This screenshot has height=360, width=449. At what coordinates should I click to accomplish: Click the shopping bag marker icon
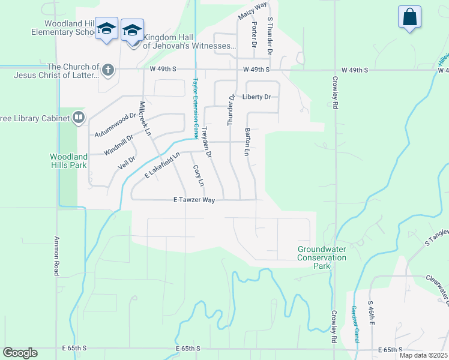(410, 17)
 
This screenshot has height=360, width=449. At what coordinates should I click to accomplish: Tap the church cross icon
(108, 71)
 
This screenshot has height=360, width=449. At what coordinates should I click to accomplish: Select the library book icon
(79, 118)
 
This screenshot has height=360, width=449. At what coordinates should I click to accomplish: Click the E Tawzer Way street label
(193, 200)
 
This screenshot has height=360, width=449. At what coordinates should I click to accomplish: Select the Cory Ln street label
(198, 175)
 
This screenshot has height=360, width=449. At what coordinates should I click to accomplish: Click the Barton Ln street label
(247, 142)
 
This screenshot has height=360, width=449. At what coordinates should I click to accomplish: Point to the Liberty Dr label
(257, 97)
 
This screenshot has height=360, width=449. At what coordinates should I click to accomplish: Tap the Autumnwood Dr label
(116, 124)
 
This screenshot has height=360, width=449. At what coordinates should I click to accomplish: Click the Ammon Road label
(57, 254)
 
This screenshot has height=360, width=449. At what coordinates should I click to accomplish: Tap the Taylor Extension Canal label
(195, 109)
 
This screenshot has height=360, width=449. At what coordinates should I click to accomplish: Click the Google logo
(20, 353)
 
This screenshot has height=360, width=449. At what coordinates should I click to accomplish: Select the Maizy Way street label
(253, 11)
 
